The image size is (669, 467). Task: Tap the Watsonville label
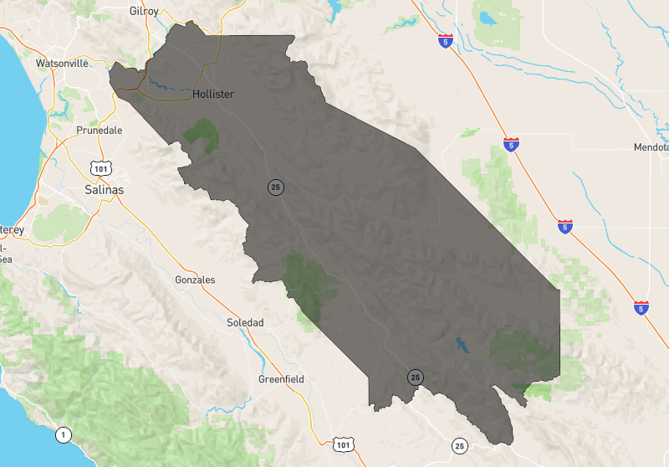tap(63, 63)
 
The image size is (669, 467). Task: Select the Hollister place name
tap(212, 95)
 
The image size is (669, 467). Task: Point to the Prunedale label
tap(99, 131)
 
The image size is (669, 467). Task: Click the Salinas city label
tap(105, 190)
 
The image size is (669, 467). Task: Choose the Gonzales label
tap(195, 280)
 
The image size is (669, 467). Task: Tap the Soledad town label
tap(245, 322)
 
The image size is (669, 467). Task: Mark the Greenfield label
tap(281, 379)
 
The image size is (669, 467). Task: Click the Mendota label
tap(652, 147)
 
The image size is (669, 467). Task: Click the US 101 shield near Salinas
tap(101, 168)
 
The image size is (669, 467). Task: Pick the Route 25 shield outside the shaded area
tap(459, 446)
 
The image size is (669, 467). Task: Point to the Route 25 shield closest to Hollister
tap(275, 187)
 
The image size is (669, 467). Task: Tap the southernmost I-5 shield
tap(641, 307)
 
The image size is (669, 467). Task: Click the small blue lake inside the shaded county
tap(460, 343)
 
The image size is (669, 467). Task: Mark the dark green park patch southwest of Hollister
tap(202, 134)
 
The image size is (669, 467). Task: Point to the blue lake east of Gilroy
tap(335, 11)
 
